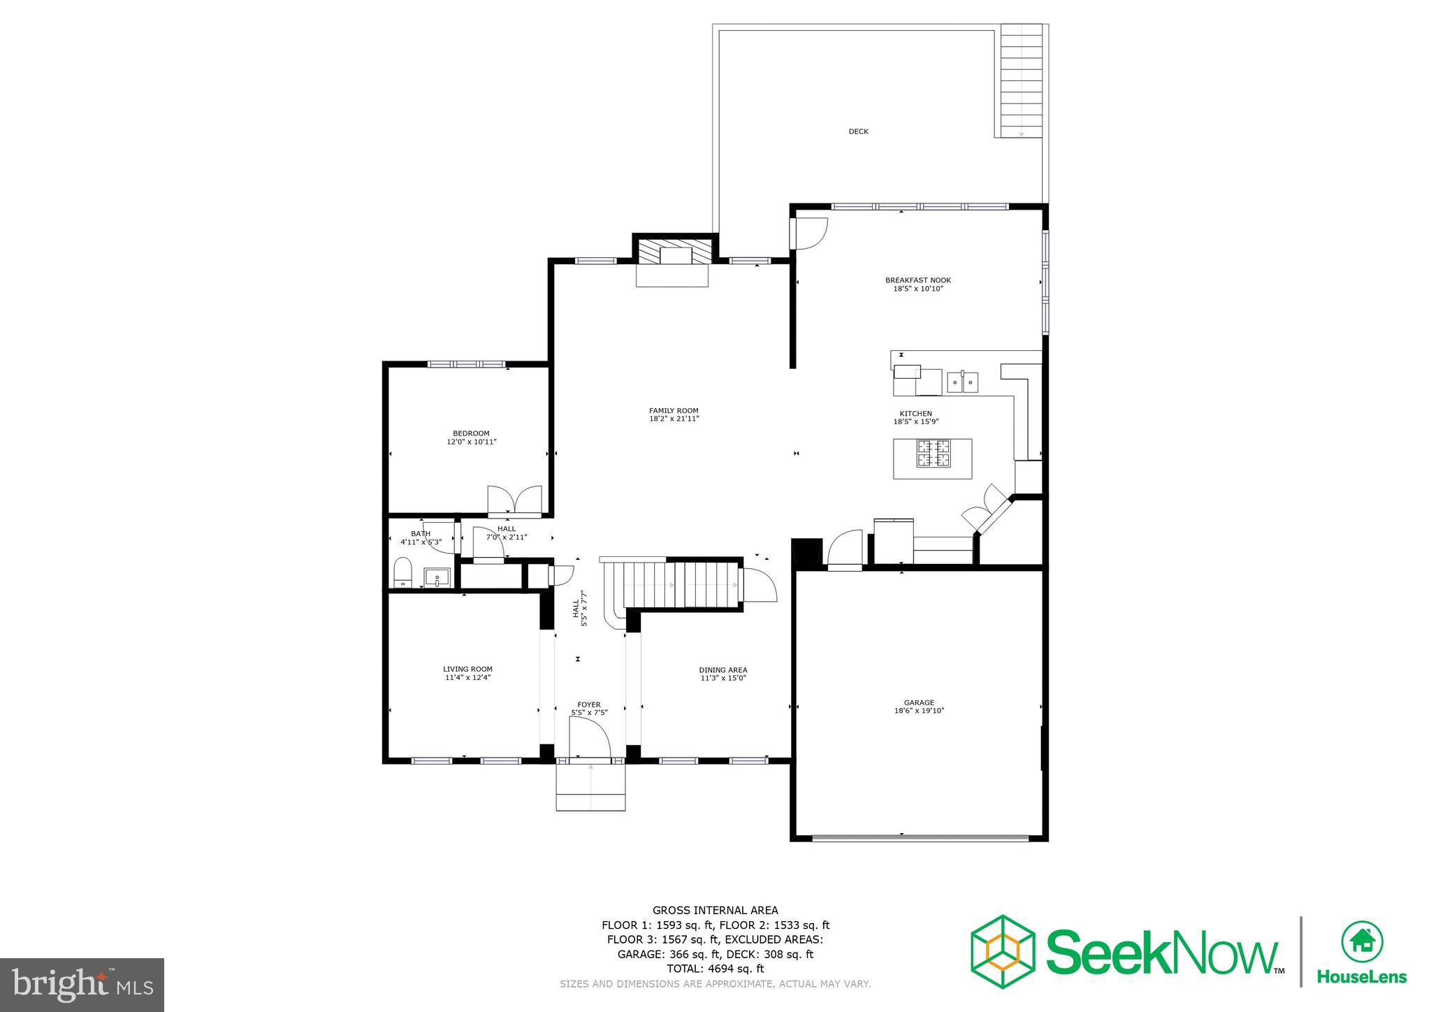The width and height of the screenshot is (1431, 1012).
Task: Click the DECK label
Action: click(x=858, y=131)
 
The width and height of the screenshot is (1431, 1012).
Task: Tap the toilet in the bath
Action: click(x=402, y=573)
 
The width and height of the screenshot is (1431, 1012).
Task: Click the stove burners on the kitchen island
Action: click(x=934, y=453)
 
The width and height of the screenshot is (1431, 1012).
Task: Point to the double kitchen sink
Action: click(x=962, y=382)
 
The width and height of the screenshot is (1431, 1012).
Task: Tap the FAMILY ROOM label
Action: click(x=674, y=411)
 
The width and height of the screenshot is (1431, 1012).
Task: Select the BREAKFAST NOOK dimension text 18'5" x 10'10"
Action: click(x=917, y=289)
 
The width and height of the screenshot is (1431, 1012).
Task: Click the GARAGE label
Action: click(x=919, y=703)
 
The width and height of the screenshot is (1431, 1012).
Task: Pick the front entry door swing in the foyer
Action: click(x=589, y=739)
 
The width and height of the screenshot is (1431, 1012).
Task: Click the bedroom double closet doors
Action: click(x=514, y=500)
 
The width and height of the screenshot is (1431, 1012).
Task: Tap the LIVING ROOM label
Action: click(x=467, y=669)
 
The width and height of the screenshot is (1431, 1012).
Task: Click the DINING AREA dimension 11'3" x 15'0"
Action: click(x=722, y=678)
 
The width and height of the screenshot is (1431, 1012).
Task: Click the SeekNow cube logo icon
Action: click(x=1002, y=951)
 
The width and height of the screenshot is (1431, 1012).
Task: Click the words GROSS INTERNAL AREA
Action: click(x=715, y=910)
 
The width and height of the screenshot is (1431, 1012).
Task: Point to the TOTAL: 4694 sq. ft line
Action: click(x=715, y=969)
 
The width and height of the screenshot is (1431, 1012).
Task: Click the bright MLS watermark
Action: click(x=82, y=985)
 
